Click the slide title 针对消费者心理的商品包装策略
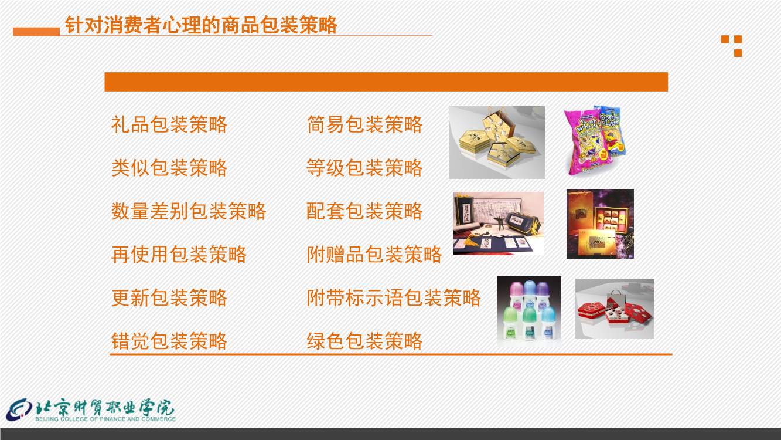201,25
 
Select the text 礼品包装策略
169,124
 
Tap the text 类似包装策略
169,168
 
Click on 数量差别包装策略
189,211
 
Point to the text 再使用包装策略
179,255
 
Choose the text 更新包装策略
169,298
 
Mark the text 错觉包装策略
169,341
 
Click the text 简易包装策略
364,124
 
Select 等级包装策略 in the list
364,168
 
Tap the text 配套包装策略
364,211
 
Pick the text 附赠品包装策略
374,255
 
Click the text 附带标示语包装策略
394,298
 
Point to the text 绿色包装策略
364,341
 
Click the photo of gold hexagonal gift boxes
497,142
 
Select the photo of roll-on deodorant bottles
529,312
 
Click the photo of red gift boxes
615,309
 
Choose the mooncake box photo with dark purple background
600,224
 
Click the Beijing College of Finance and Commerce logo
91,410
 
